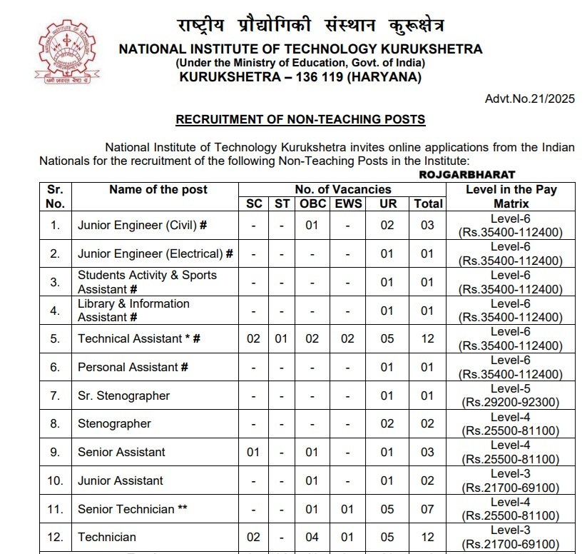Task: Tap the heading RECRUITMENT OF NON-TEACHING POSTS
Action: (300, 119)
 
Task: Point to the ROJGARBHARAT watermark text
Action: (466, 174)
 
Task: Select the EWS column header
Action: (347, 203)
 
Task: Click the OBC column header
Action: (312, 203)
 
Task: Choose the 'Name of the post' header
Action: (158, 189)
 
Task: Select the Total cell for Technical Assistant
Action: (427, 338)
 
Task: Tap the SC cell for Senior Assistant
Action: (253, 452)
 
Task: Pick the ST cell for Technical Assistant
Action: (282, 338)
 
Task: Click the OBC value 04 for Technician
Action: (312, 537)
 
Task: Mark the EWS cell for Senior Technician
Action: (347, 509)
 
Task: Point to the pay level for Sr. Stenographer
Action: (510, 396)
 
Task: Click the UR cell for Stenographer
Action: (387, 423)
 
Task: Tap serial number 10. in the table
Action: (55, 480)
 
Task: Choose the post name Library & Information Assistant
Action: (133, 310)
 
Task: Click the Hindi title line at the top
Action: (310, 26)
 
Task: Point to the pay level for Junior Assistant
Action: (510, 480)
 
